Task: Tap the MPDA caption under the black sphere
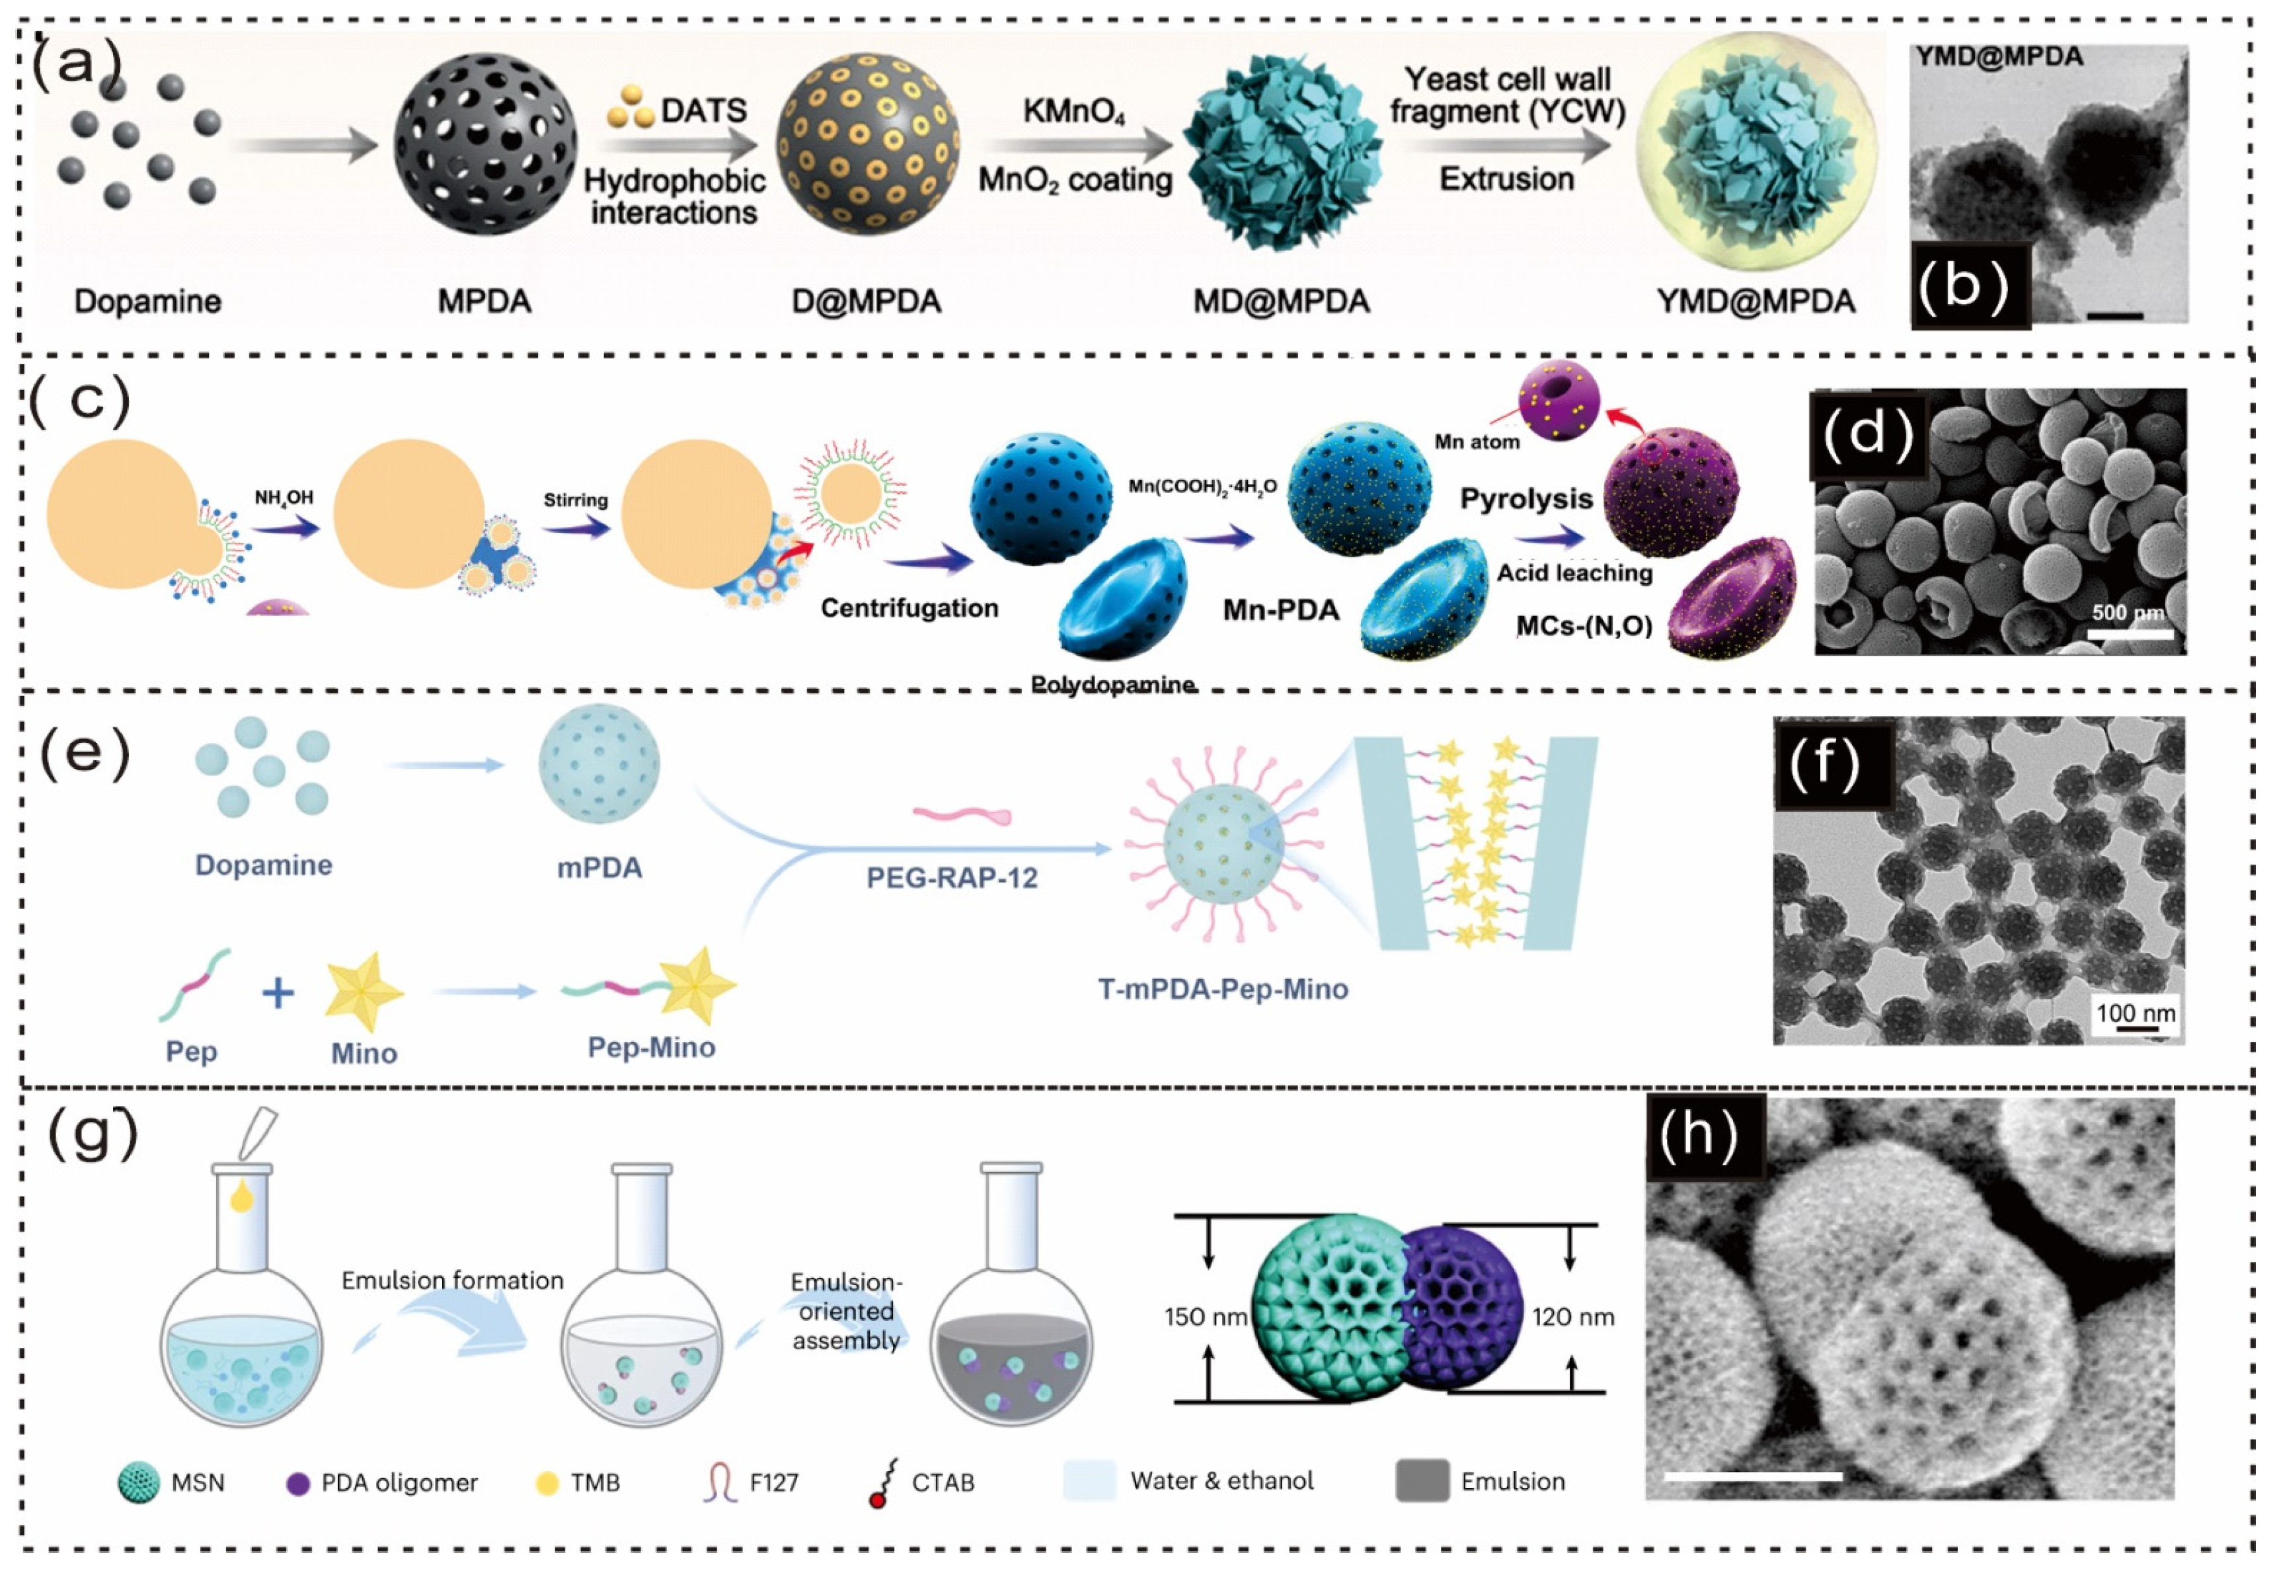click(484, 301)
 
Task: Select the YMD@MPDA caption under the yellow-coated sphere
click(1755, 301)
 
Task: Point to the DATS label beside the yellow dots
click(703, 110)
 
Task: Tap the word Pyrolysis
click(1525, 499)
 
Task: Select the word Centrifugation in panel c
click(909, 608)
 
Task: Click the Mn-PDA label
click(1280, 610)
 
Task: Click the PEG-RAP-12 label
click(952, 878)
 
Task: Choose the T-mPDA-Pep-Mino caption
click(1223, 989)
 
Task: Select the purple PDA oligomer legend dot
click(298, 1483)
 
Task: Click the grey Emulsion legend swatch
click(1421, 1481)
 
